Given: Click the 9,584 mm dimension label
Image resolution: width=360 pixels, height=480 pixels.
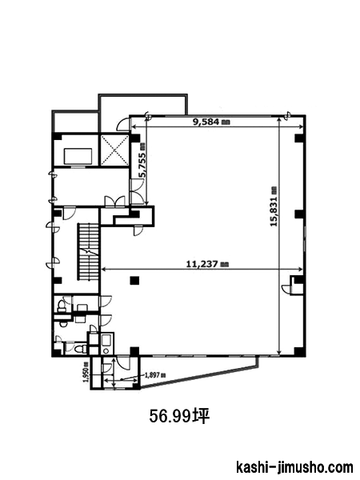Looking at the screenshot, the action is [211, 122].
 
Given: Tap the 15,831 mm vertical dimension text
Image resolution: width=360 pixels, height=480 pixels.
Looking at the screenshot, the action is [274, 206].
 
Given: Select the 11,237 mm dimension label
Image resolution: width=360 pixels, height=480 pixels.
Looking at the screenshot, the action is [208, 263].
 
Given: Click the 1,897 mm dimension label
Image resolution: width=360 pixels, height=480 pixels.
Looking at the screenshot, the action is [154, 375].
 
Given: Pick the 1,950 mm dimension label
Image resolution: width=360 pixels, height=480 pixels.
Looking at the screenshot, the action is [86, 372].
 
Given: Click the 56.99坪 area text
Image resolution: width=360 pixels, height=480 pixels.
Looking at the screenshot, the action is [179, 416].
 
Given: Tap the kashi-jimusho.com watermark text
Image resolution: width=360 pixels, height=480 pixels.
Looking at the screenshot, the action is [294, 468].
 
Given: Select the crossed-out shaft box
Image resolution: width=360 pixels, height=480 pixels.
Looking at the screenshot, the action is [114, 150].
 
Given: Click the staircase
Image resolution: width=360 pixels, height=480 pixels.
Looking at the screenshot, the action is [89, 252].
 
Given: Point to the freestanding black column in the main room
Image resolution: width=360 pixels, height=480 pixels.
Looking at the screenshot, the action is [134, 281].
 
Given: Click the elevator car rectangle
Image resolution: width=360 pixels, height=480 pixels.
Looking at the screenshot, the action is [78, 157].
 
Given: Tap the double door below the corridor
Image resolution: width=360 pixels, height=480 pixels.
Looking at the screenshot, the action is [114, 202].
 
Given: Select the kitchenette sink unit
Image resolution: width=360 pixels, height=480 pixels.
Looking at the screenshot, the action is [107, 344].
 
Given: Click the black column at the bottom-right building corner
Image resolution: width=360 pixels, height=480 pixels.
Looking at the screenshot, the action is [299, 352].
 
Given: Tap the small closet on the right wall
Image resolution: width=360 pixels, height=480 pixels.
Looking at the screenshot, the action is [297, 285].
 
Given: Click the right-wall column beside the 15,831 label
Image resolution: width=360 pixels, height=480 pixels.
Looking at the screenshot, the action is [299, 214].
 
